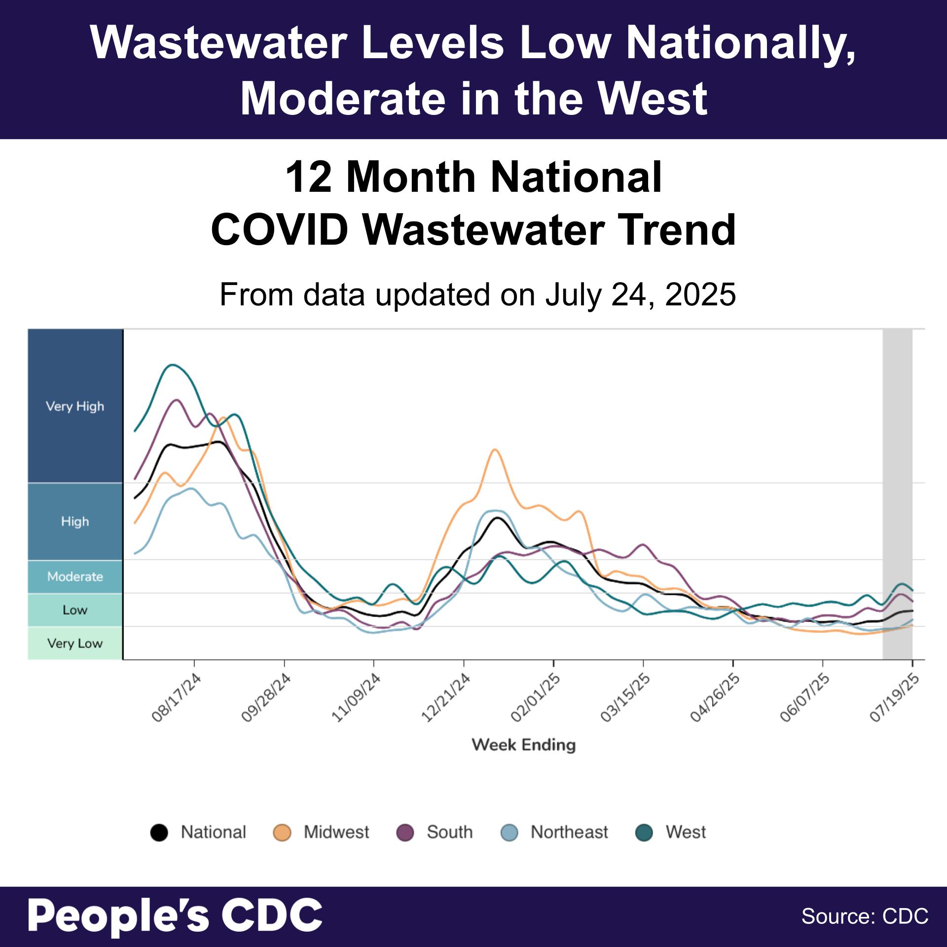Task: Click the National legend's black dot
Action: tap(159, 833)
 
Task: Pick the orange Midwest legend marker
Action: tap(282, 833)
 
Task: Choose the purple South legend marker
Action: tap(405, 833)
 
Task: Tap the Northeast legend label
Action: tap(569, 832)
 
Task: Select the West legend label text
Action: tap(686, 832)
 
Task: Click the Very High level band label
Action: tap(75, 406)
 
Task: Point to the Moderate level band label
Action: tap(75, 577)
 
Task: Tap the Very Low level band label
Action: tap(75, 643)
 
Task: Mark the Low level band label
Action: tap(75, 610)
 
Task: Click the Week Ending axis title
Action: tap(524, 745)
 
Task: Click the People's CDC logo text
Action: tap(175, 915)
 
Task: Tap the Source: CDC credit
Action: tap(865, 916)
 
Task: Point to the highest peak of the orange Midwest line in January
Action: tap(495, 449)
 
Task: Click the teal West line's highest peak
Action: tap(173, 365)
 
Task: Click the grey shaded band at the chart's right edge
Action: tap(897, 493)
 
